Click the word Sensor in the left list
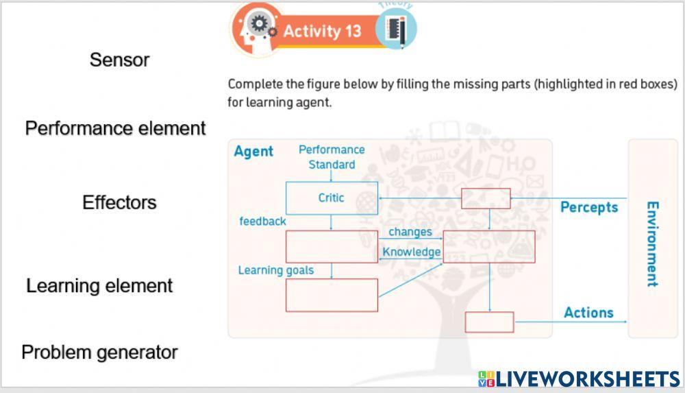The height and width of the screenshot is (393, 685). pyautogui.click(x=119, y=60)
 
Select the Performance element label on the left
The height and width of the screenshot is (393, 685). pyautogui.click(x=115, y=128)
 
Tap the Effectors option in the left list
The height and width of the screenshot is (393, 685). pyautogui.click(x=119, y=202)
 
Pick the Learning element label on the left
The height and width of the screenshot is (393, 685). pyautogui.click(x=99, y=285)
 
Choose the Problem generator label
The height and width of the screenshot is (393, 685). pyautogui.click(x=99, y=353)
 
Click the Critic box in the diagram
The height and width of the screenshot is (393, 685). pyautogui.click(x=332, y=198)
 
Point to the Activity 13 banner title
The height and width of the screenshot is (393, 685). pyautogui.click(x=322, y=32)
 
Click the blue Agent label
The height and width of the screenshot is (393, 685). pyautogui.click(x=253, y=152)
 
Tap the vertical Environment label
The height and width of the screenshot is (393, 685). pyautogui.click(x=652, y=244)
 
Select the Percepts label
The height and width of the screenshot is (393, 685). pyautogui.click(x=589, y=207)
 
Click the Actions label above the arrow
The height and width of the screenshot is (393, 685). pyautogui.click(x=588, y=313)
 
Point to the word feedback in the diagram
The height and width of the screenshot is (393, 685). pyautogui.click(x=262, y=222)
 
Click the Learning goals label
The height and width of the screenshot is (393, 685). pyautogui.click(x=275, y=270)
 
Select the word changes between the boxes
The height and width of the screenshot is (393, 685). pyautogui.click(x=410, y=232)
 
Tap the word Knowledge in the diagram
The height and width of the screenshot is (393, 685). pyautogui.click(x=411, y=252)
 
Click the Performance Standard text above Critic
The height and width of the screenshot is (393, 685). pyautogui.click(x=332, y=157)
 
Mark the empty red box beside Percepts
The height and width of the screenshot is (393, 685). pyautogui.click(x=486, y=198)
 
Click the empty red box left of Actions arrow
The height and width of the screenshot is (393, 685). pyautogui.click(x=489, y=322)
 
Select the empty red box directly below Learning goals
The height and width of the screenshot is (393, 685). pyautogui.click(x=332, y=295)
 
